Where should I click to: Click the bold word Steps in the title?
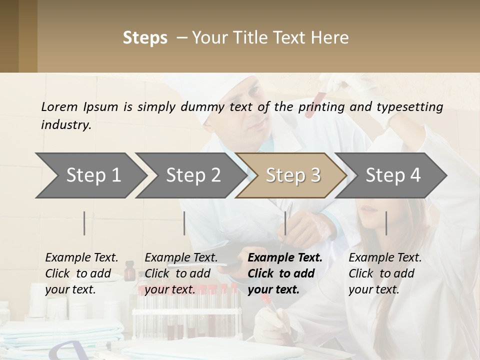(x=145, y=38)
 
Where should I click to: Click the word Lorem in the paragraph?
(x=59, y=106)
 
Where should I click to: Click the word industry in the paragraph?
(x=66, y=125)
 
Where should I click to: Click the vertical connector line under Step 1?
(x=84, y=223)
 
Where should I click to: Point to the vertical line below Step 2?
(x=184, y=223)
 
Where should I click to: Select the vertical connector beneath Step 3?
(x=285, y=223)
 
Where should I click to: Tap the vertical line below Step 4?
(x=386, y=223)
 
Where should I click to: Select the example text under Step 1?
(x=81, y=273)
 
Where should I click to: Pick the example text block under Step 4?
(x=385, y=273)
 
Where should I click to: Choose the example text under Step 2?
(x=181, y=273)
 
